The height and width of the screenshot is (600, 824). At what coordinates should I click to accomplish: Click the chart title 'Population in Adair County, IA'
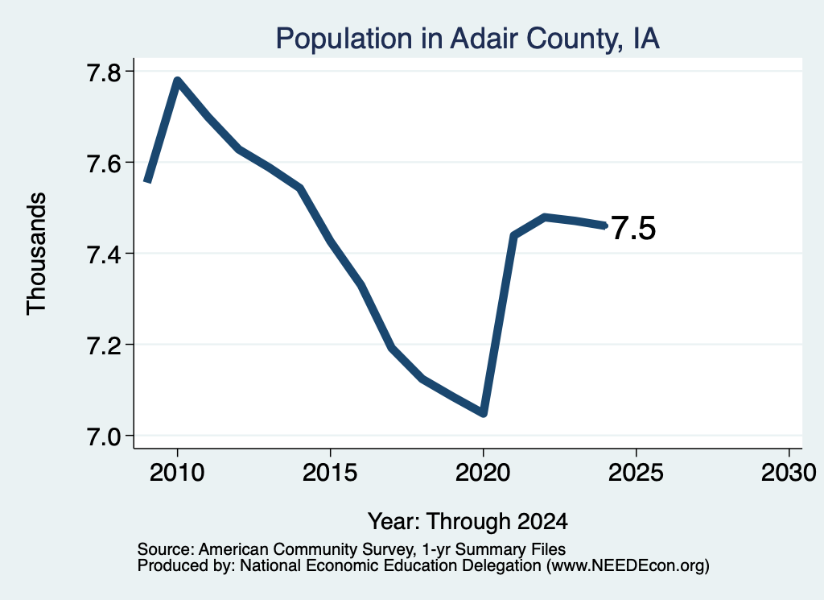(468, 39)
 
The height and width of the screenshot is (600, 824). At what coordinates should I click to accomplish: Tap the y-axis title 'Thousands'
(36, 254)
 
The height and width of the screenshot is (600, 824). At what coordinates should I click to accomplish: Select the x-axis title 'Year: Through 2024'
(468, 521)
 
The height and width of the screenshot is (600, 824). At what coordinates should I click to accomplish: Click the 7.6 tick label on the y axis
(104, 163)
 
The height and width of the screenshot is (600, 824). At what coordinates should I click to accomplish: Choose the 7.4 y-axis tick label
(104, 254)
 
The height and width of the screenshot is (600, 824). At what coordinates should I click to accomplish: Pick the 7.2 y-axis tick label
(104, 345)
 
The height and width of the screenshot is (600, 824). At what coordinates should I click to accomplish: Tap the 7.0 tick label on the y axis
(104, 437)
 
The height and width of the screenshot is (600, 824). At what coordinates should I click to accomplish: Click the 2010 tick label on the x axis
(177, 472)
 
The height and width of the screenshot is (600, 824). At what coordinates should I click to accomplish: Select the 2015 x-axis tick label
(330, 472)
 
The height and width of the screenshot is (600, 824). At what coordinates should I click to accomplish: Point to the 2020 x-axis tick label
(483, 472)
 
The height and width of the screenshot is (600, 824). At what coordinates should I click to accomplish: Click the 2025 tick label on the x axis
(636, 472)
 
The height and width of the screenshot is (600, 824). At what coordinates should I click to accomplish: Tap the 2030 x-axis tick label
(789, 472)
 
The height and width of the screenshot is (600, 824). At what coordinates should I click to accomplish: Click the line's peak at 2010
(178, 81)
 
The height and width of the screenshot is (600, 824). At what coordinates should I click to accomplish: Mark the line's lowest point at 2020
(484, 413)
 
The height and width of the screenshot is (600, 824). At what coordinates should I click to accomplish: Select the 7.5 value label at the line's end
(634, 228)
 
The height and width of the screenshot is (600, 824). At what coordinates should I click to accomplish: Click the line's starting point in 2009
(148, 181)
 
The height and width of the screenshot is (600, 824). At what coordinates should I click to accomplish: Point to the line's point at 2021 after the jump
(514, 236)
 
